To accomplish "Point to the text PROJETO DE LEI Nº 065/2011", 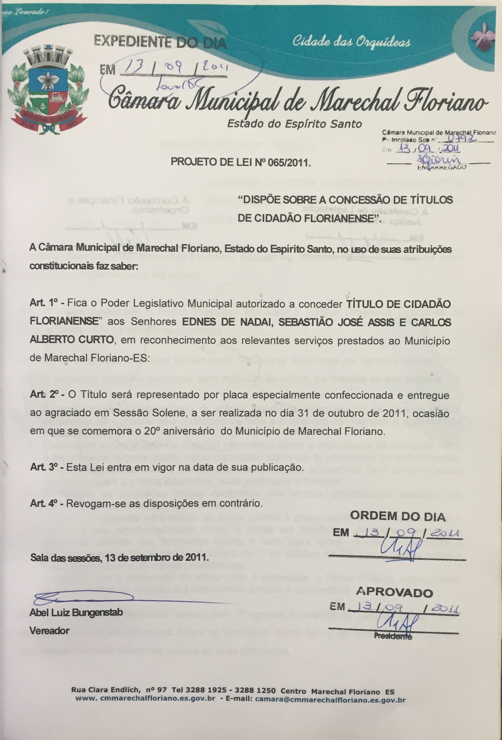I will [x=241, y=163].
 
